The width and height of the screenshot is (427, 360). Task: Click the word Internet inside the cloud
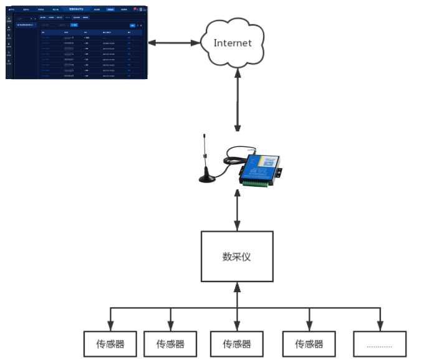(233, 43)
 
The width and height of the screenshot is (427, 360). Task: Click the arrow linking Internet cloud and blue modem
(237, 100)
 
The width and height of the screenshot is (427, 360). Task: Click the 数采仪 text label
(236, 256)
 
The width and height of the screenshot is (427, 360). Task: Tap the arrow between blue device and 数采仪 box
(237, 212)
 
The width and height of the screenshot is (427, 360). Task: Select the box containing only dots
(380, 344)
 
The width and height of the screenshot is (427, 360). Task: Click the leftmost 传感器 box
(110, 344)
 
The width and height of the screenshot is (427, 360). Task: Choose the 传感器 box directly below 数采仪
(236, 344)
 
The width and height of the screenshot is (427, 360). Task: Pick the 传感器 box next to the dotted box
(309, 344)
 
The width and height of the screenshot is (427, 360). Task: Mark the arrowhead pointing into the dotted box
(380, 327)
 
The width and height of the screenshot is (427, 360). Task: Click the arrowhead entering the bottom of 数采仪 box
(237, 287)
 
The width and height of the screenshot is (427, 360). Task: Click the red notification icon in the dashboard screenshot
(135, 9)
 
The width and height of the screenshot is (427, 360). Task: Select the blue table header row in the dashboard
(87, 32)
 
